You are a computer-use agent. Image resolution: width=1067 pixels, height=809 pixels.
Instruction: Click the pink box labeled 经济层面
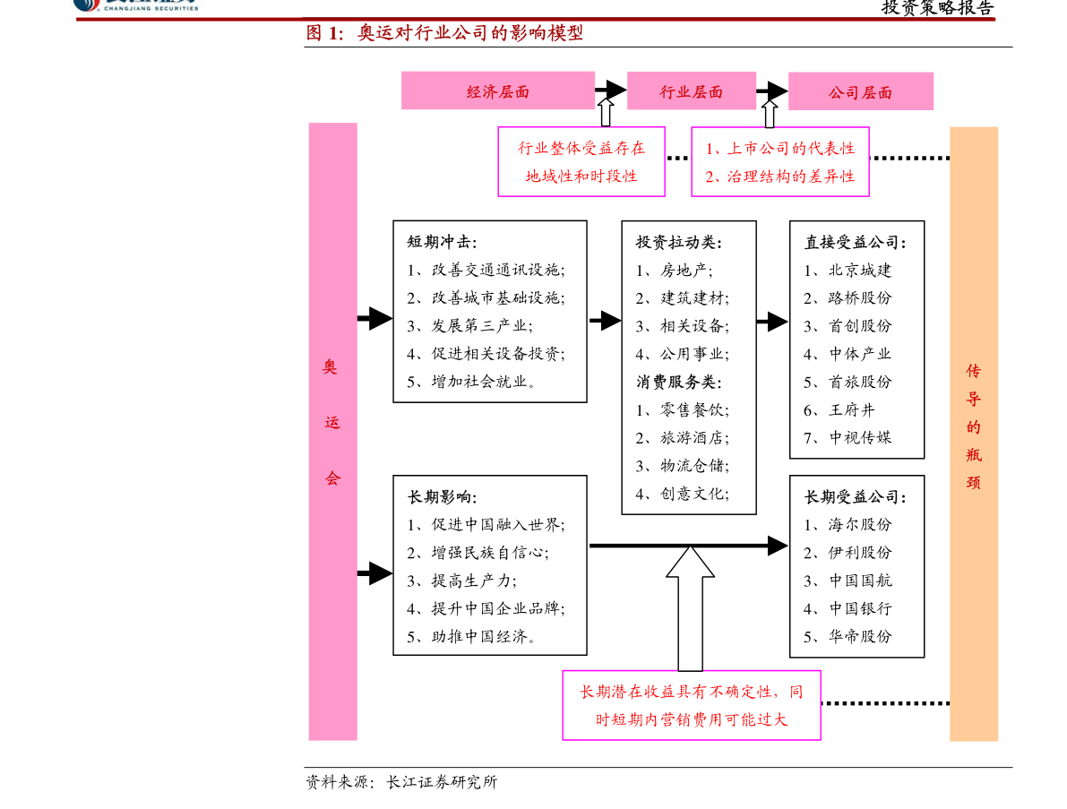497,90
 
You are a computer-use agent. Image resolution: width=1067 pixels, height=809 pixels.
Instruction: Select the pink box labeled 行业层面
692,90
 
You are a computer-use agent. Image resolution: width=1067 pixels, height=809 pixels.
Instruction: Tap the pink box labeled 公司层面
861,91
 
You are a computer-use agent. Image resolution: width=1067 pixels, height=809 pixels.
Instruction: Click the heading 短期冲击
442,242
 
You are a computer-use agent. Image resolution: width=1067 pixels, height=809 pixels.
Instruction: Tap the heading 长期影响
442,496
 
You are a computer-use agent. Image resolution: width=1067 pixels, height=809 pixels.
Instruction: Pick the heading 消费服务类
678,382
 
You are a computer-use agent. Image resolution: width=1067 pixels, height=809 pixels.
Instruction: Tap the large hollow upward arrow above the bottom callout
690,607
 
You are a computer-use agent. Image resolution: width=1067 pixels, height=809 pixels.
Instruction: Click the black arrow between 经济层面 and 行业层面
610,89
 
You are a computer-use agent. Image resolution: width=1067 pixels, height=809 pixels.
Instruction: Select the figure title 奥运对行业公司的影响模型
470,32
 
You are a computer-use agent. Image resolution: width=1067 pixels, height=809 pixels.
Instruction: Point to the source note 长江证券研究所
442,782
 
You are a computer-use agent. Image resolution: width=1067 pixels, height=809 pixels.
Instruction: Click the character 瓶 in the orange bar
974,454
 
